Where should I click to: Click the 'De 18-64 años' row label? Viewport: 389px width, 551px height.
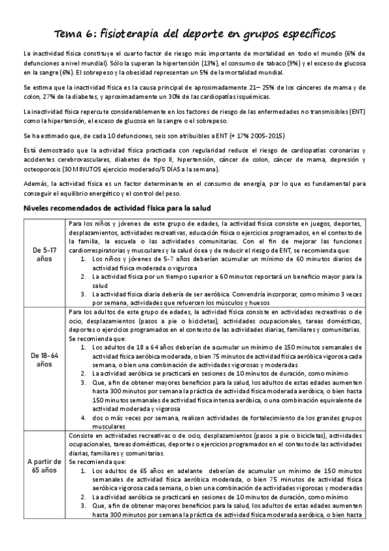pos(44,359)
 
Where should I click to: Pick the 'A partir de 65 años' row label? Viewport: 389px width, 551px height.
pos(44,466)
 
